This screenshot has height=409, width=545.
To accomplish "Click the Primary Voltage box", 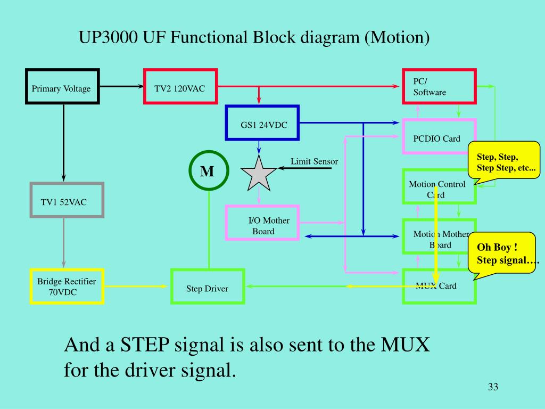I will [63, 86].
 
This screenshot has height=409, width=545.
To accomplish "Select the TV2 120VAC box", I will [180, 86].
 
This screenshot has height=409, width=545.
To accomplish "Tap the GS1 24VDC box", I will [262, 124].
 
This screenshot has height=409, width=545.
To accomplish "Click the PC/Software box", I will [439, 86].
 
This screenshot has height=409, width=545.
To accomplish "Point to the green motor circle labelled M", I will [209, 171].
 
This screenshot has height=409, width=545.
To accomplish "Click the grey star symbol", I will [259, 174].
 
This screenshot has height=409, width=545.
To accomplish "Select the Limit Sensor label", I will [314, 161].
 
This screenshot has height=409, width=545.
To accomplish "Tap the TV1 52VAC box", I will [67, 200].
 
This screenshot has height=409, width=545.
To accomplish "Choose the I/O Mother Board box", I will [262, 223].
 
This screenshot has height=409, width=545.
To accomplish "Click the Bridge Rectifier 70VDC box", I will [67, 287].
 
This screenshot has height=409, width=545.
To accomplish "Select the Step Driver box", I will [207, 287].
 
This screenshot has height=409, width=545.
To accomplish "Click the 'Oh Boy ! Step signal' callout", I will [501, 253].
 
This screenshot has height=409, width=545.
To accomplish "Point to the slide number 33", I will [492, 387].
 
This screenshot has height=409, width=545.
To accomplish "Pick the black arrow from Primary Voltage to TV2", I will [122, 86].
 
